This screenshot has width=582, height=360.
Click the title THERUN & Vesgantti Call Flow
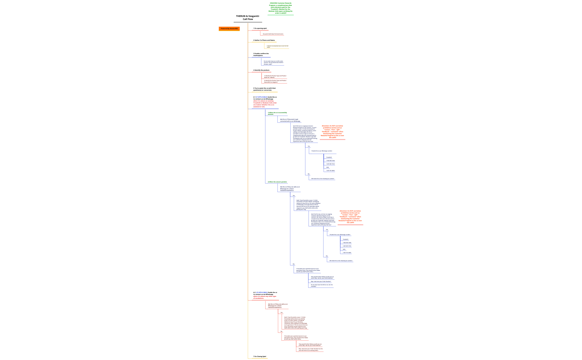click(247, 18)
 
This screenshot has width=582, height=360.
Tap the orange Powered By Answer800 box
click(229, 29)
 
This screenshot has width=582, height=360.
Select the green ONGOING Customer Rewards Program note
click(280, 8)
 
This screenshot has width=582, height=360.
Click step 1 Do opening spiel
click(260, 28)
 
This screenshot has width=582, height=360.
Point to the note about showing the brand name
click(273, 34)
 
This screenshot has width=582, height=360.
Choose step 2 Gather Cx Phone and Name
click(264, 40)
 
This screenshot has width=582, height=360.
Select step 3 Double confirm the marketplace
click(261, 55)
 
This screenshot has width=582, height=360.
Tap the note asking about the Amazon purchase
click(273, 63)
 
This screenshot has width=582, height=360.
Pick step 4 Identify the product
click(261, 70)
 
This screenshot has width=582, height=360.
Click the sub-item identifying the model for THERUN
click(275, 76)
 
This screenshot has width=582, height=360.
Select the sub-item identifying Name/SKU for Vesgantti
click(275, 81)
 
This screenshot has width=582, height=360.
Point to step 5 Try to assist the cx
click(264, 89)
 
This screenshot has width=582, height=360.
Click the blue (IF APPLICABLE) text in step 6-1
click(261, 97)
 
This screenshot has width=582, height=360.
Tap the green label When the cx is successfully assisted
click(277, 113)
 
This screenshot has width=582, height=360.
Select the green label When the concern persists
click(277, 182)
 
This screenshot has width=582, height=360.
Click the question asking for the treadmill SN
click(321, 285)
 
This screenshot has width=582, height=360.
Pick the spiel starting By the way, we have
click(323, 219)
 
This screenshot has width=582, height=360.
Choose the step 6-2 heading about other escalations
click(265, 295)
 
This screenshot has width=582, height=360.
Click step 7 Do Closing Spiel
click(259, 356)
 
